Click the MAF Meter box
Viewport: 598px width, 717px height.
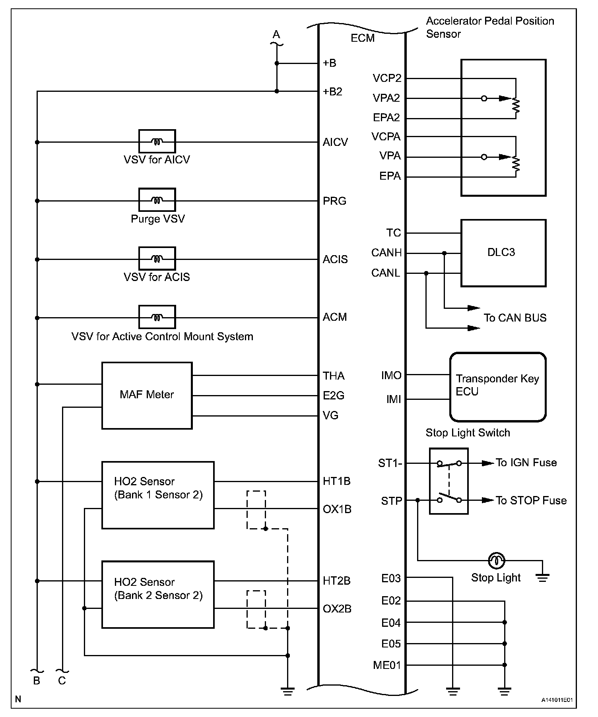click(x=147, y=395)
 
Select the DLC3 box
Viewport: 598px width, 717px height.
click(x=503, y=253)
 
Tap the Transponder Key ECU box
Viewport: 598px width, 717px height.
click(x=497, y=387)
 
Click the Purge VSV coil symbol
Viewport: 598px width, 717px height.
click(x=157, y=200)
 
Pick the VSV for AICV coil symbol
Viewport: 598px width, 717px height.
click(x=157, y=141)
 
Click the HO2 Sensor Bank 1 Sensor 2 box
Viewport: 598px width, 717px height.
click(x=158, y=495)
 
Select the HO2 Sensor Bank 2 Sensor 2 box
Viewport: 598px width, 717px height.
click(x=158, y=594)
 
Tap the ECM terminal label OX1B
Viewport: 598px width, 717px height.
click(x=337, y=509)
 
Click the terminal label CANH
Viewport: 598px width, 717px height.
click(x=386, y=253)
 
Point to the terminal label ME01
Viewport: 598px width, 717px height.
click(x=387, y=665)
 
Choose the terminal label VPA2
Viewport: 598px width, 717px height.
click(x=386, y=98)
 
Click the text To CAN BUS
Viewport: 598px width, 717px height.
click(x=515, y=318)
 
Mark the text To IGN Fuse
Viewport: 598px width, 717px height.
click(x=526, y=463)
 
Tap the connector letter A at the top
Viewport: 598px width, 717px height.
click(x=276, y=35)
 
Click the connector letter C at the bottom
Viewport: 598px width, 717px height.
click(x=62, y=681)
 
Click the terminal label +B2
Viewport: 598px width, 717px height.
click(x=332, y=92)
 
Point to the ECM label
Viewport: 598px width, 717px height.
click(x=363, y=38)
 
